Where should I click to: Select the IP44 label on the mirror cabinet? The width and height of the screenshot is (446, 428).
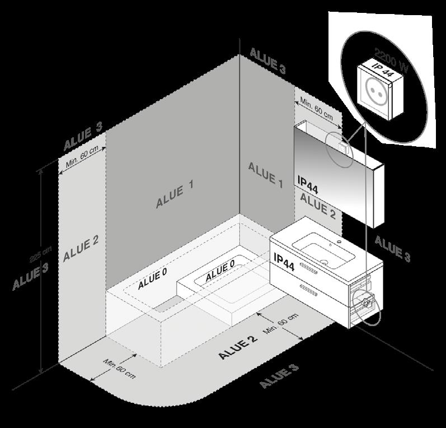click(x=308, y=187)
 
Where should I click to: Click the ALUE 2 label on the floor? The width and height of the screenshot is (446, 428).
click(x=238, y=347)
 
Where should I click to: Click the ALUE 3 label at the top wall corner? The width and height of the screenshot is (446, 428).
click(x=267, y=61)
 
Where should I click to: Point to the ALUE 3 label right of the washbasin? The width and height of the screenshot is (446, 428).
click(x=392, y=249)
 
